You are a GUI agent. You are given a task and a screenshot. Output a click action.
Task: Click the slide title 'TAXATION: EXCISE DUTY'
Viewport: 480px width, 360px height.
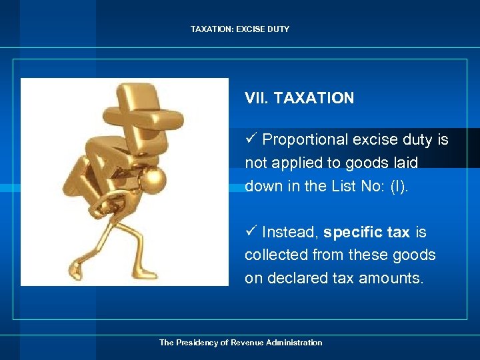point(240,29)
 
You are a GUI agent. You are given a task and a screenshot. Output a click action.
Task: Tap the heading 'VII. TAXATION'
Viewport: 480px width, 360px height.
point(299,99)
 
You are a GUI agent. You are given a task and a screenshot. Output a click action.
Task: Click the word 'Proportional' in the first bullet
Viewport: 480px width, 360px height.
point(305,139)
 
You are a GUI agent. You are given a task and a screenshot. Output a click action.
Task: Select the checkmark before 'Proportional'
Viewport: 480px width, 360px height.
point(251,139)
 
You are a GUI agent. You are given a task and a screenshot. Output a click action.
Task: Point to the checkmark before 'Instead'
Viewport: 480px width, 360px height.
point(251,231)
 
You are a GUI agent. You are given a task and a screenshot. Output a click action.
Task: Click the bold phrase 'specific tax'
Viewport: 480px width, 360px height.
point(367,232)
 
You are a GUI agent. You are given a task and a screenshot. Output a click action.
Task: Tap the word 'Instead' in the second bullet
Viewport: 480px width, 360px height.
point(289,232)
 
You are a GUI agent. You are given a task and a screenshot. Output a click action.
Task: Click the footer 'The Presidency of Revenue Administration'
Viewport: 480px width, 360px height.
point(240,343)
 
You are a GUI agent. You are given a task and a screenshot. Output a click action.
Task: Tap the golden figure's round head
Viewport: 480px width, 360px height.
point(155,179)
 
